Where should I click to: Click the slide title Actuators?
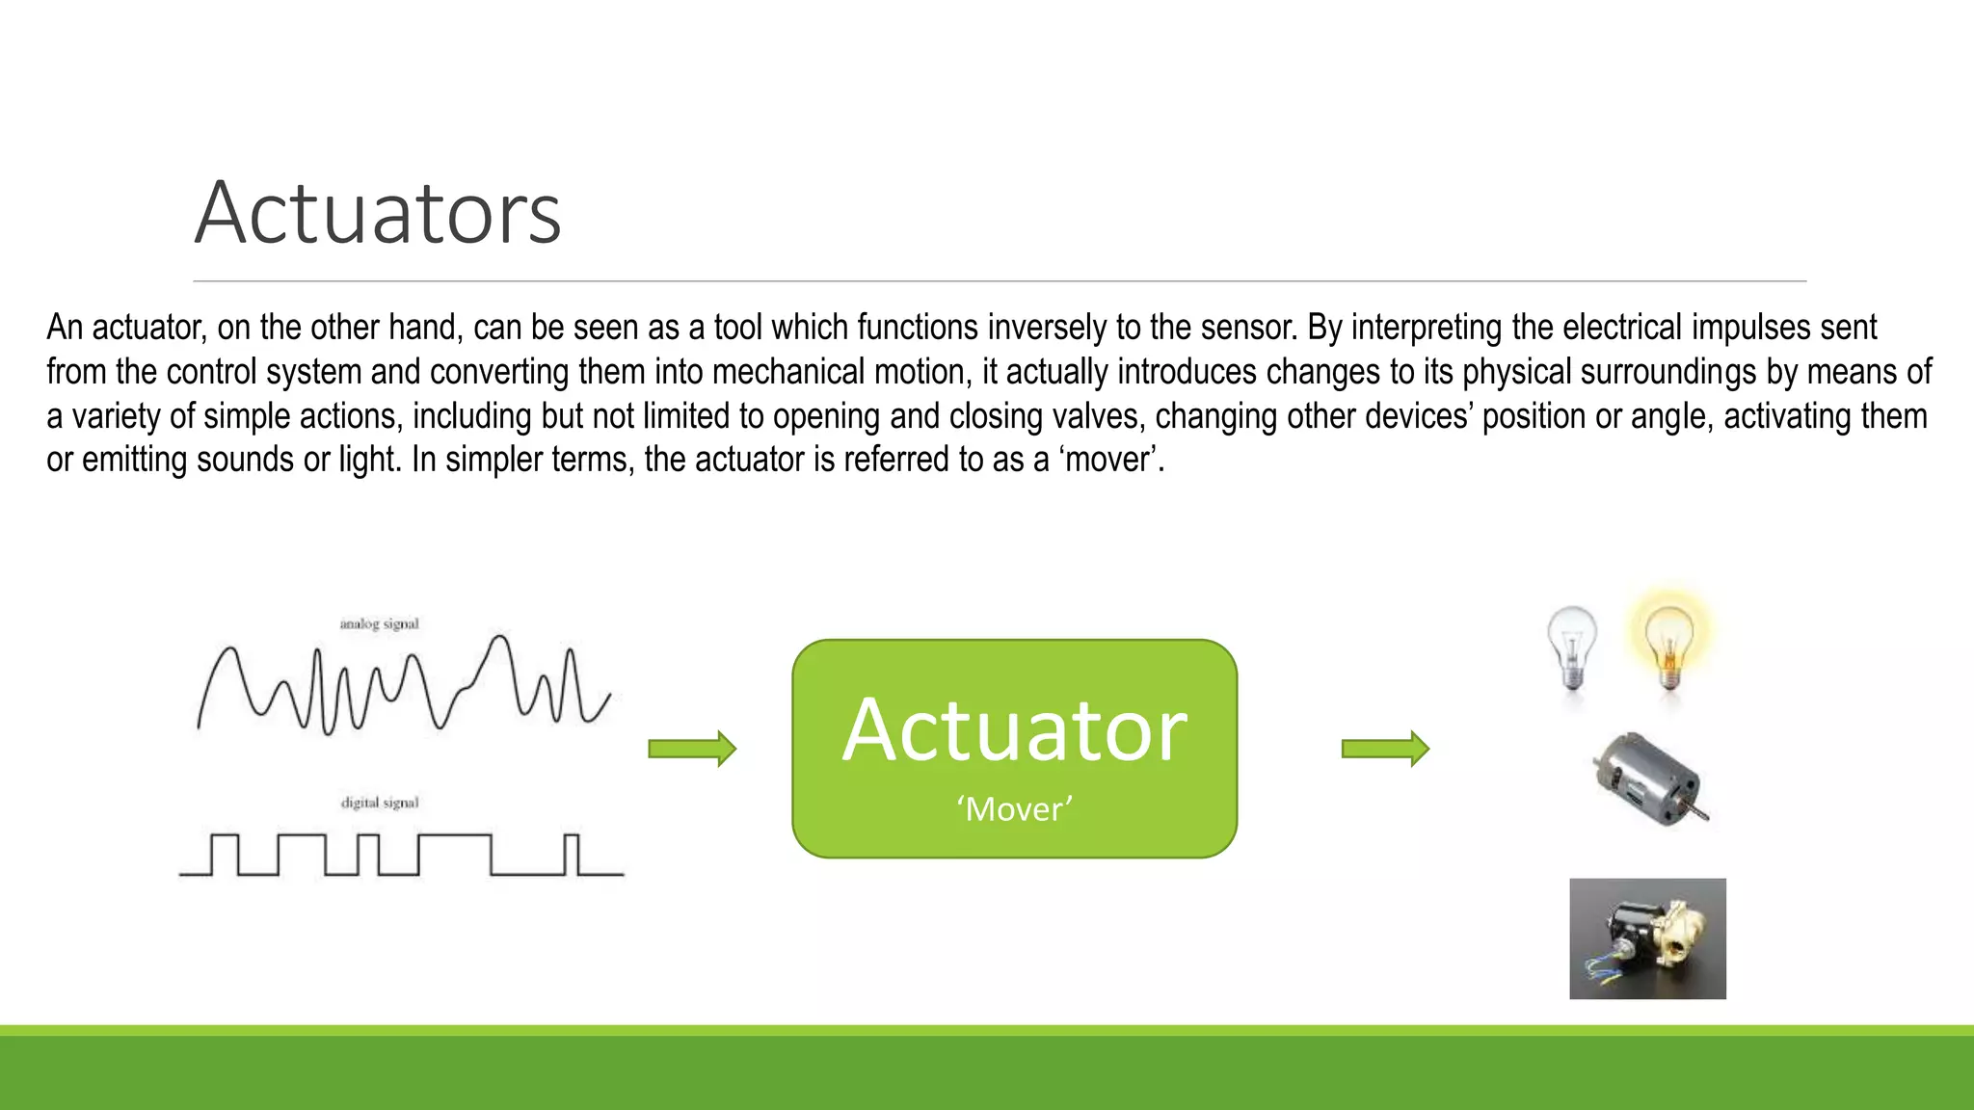coord(378,213)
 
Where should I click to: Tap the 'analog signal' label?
coord(379,623)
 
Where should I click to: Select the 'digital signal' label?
coord(380,803)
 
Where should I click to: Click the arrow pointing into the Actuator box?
coord(692,749)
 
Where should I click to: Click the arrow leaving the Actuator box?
coord(1385,749)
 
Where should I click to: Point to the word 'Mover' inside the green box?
coord(1014,808)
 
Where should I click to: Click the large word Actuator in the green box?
coord(1014,730)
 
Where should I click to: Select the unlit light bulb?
coord(1572,646)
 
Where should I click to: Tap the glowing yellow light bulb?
coord(1670,643)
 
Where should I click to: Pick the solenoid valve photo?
coord(1647,938)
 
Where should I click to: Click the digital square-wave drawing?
coord(401,855)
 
